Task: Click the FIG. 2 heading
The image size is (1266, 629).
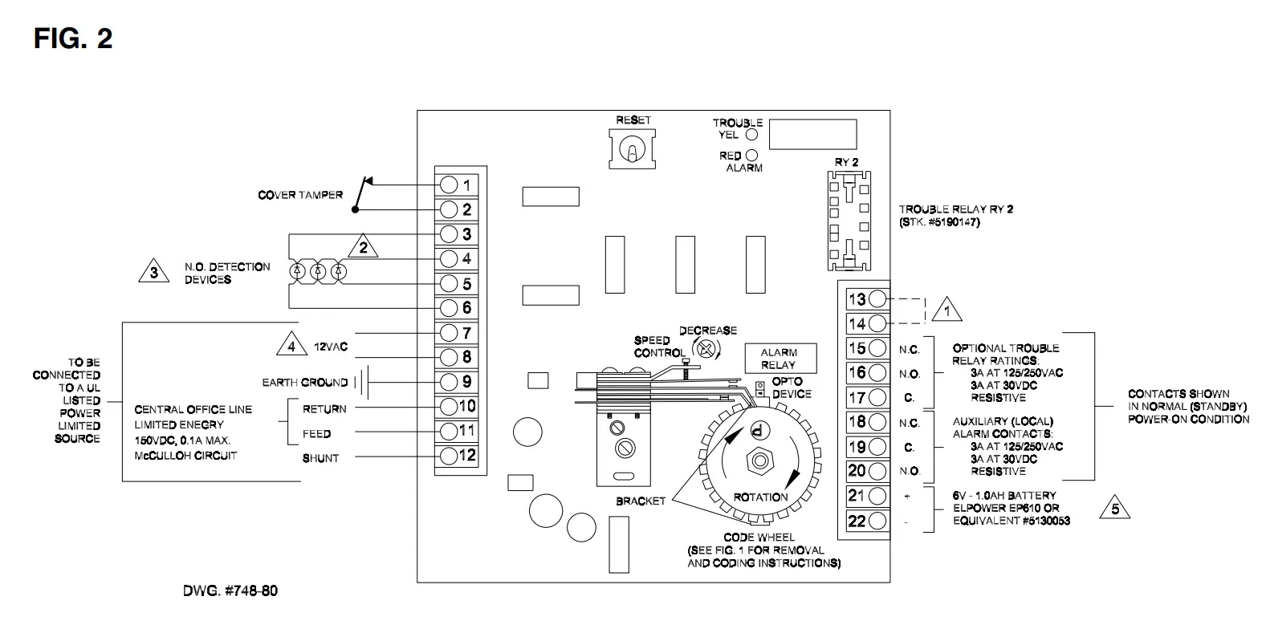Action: [73, 38]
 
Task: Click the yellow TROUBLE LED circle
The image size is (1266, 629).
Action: [751, 135]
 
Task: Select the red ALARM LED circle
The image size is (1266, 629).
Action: [751, 156]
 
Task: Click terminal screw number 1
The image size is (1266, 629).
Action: [450, 185]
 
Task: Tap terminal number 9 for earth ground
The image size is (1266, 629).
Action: [450, 382]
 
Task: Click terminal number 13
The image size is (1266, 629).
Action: [877, 298]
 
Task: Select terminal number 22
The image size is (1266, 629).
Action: [877, 521]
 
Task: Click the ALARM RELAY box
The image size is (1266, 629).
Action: [778, 358]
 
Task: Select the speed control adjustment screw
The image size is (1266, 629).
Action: [706, 347]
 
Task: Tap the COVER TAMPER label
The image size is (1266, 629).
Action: [299, 195]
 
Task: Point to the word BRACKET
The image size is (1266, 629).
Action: [641, 501]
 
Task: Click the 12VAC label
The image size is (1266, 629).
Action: [330, 347]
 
